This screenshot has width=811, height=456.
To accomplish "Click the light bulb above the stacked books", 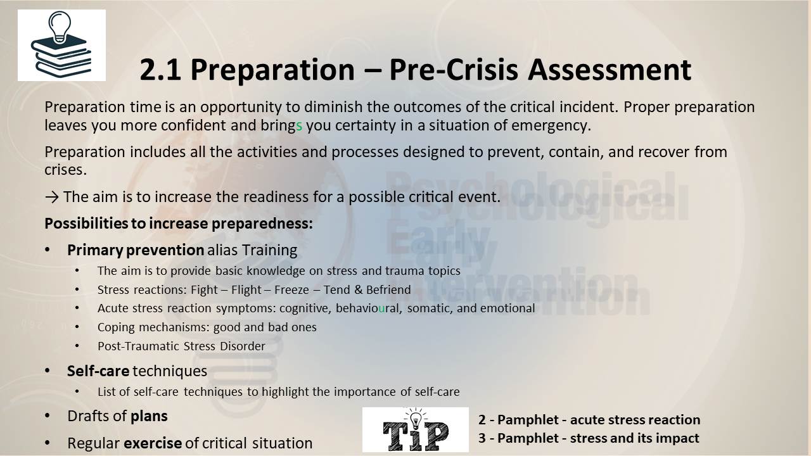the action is click(60, 26).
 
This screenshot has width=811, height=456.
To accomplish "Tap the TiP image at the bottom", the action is click(415, 429).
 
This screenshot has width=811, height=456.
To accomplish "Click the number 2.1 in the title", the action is click(160, 70).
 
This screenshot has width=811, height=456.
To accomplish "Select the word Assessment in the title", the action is click(610, 70).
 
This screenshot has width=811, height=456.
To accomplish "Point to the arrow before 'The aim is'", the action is click(52, 197).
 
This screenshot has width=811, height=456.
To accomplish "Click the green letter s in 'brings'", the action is click(299, 126).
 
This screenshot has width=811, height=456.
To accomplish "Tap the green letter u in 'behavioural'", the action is click(381, 308).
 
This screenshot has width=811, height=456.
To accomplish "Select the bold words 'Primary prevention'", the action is click(136, 250).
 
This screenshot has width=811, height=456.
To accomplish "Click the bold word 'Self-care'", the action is click(98, 371).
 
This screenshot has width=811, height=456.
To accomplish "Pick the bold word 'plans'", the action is click(149, 417).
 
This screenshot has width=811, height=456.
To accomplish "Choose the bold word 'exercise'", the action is click(153, 443).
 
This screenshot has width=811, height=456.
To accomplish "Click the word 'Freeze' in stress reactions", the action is click(291, 290).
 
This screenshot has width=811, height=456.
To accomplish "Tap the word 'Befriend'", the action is click(388, 290).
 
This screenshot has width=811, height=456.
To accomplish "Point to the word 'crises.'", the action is click(66, 170).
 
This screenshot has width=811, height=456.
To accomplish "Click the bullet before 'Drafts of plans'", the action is click(48, 416).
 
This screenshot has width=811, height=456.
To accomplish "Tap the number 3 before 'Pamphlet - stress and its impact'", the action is click(482, 438).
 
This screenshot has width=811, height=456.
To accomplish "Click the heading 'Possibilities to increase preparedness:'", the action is click(179, 224).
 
